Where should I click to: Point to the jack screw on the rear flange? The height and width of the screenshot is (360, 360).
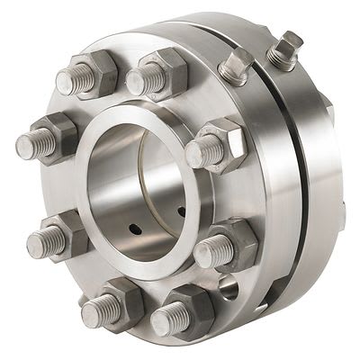[286, 49]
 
